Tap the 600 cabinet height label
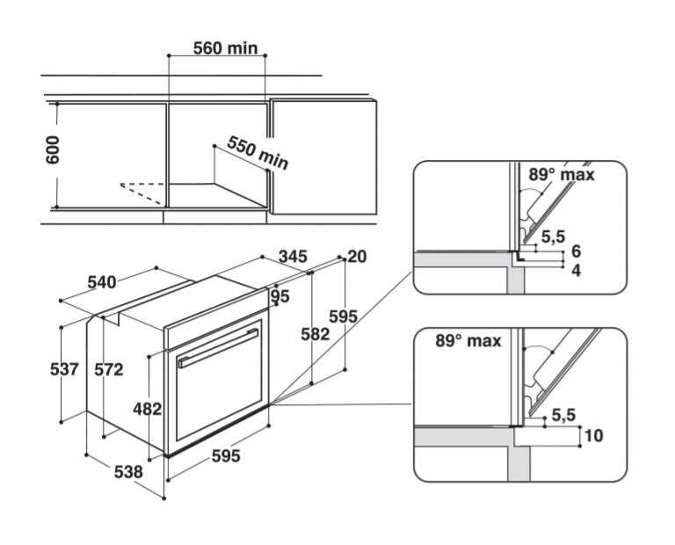pyautogui.click(x=53, y=150)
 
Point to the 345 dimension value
pyautogui.click(x=292, y=257)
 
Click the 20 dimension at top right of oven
pyautogui.click(x=357, y=257)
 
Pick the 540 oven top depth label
pyautogui.click(x=102, y=282)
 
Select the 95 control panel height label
pyautogui.click(x=280, y=296)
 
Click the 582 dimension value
pyautogui.click(x=315, y=334)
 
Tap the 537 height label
pyautogui.click(x=63, y=370)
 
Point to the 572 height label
pyautogui.click(x=109, y=370)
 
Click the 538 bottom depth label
pyautogui.click(x=128, y=472)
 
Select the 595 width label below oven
pyautogui.click(x=225, y=458)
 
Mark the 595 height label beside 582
pyautogui.click(x=343, y=316)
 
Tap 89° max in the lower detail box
pyautogui.click(x=468, y=340)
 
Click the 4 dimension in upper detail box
pyautogui.click(x=576, y=271)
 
